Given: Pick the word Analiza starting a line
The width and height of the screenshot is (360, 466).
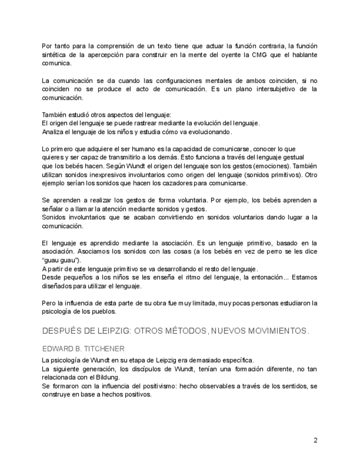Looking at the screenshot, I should click(54, 132).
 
